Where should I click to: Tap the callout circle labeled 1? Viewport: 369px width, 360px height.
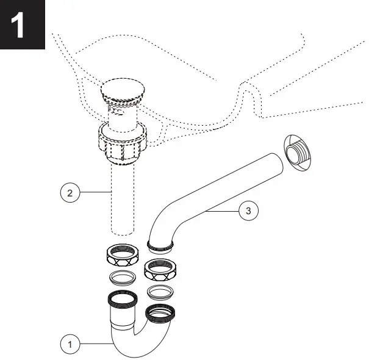(x=70, y=344)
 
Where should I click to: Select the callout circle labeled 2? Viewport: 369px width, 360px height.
(x=70, y=193)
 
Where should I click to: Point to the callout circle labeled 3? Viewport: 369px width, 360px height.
(x=248, y=211)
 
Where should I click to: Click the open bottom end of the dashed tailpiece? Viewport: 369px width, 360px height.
(x=123, y=232)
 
